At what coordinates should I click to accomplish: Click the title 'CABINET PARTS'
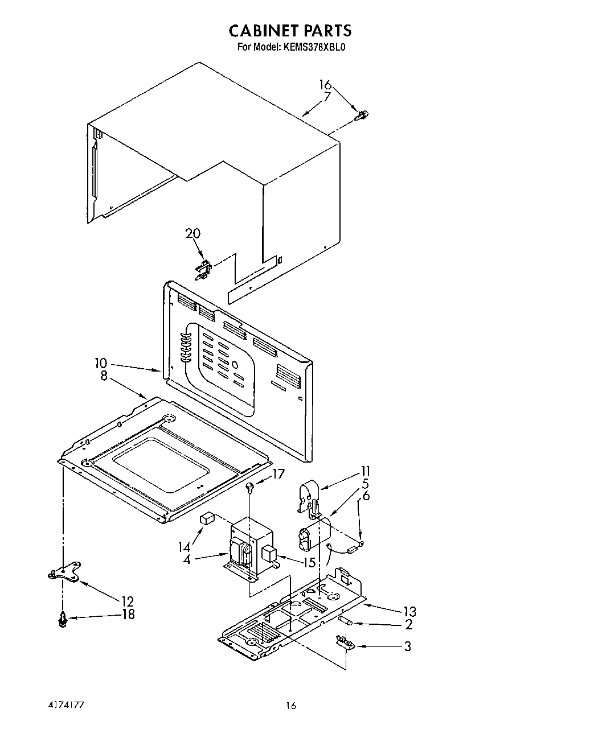(290, 30)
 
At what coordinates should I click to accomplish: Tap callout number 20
(193, 233)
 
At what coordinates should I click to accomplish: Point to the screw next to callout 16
(361, 116)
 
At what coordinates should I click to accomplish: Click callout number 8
(104, 376)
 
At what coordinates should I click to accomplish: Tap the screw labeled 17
(250, 486)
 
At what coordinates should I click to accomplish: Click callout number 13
(409, 612)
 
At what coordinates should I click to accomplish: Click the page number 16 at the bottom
(291, 706)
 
